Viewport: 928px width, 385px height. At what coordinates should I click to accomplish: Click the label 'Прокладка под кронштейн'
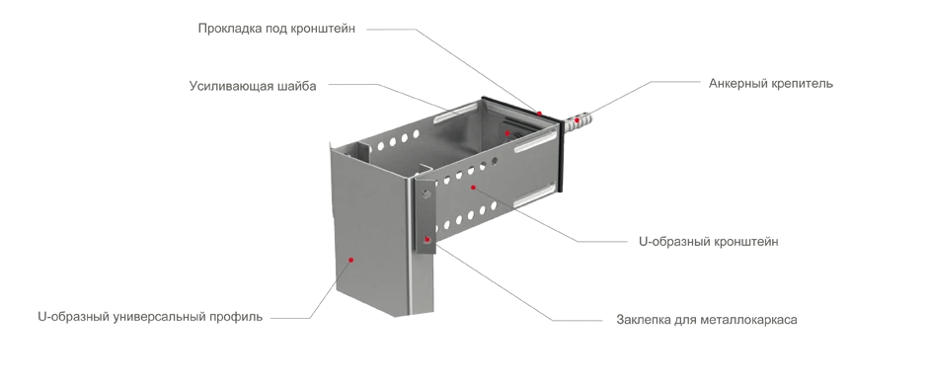(276, 29)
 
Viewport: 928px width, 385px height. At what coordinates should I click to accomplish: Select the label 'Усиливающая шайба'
(253, 86)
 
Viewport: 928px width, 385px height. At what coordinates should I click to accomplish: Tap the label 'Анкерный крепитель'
(771, 83)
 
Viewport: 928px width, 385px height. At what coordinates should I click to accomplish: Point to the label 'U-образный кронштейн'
(709, 241)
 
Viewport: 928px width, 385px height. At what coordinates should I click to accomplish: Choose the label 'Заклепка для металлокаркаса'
(707, 320)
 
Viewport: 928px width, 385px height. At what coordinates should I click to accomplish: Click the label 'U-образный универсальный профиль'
(150, 317)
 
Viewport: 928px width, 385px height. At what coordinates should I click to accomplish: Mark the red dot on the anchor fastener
(578, 120)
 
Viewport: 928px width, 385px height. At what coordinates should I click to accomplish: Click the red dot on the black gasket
(539, 114)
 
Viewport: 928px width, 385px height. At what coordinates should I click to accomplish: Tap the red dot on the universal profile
(350, 260)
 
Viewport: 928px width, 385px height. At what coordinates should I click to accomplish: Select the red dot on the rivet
(426, 240)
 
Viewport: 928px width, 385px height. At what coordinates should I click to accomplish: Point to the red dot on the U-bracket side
(473, 188)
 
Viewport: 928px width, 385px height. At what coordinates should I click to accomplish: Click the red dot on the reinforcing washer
(507, 133)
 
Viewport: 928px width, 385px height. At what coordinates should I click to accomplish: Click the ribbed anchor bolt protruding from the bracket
(578, 121)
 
